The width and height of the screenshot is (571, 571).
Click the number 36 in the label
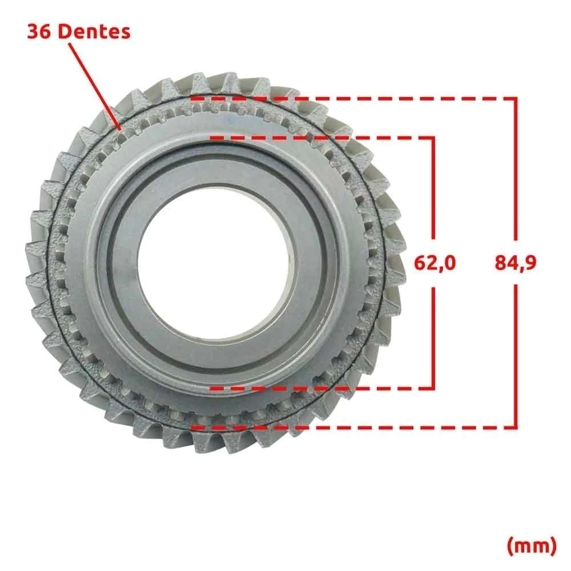pyautogui.click(x=39, y=31)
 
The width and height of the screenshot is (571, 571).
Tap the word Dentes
pyautogui.click(x=94, y=31)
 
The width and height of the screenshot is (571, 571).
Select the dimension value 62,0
pyautogui.click(x=435, y=263)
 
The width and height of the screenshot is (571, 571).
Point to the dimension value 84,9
pyautogui.click(x=516, y=263)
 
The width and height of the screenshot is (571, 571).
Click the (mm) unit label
pyautogui.click(x=532, y=545)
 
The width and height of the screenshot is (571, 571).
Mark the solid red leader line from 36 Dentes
pyautogui.click(x=94, y=86)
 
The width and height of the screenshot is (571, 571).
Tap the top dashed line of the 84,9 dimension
pyautogui.click(x=353, y=98)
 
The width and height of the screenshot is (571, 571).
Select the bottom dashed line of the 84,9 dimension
pyautogui.click(x=353, y=427)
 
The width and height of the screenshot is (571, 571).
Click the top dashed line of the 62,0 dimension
pyautogui.click(x=322, y=138)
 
